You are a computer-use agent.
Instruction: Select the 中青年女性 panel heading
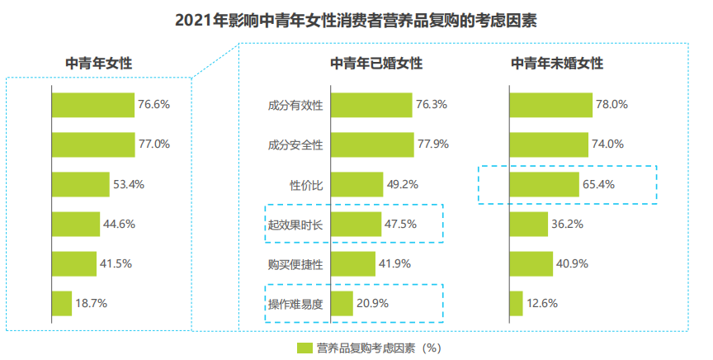[x=99, y=63]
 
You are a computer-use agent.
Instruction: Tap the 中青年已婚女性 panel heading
[x=376, y=63]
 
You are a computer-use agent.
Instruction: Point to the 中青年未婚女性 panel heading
[x=557, y=63]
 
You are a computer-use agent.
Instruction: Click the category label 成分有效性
[x=295, y=105]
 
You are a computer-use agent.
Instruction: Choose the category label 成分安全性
[x=295, y=144]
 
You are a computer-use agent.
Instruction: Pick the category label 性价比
[x=305, y=184]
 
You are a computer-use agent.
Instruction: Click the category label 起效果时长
[x=295, y=224]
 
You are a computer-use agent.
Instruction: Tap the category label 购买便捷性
[x=295, y=264]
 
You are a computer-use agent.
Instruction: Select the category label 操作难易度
[x=295, y=304]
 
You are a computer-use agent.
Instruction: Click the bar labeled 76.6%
[x=93, y=105]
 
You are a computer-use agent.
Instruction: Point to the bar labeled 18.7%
[x=62, y=304]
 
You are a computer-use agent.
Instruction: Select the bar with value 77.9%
[x=372, y=144]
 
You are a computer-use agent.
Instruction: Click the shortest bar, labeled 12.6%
[x=516, y=304]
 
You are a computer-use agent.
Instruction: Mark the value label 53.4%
[x=129, y=184]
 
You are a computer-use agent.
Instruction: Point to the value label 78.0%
[x=612, y=105]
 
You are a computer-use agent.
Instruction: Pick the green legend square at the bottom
[x=305, y=348]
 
